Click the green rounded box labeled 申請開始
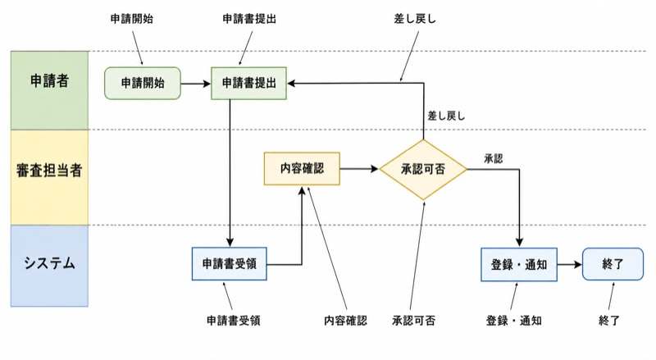coord(143,84)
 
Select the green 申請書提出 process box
coord(249,84)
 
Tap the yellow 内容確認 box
coord(302,169)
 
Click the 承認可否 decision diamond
coord(423,170)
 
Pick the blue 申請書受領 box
coord(230,264)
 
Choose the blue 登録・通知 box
coord(519,265)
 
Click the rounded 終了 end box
coord(613,264)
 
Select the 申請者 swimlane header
coord(49,90)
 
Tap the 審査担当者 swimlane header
coord(49,177)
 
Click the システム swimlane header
coord(49,266)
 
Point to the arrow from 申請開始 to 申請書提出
coord(196,84)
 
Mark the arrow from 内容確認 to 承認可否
coord(359,169)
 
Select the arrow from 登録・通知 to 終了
coord(570,265)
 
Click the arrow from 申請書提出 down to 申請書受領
coord(230,173)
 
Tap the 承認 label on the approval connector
coord(494,158)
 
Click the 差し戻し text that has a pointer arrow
coord(415,19)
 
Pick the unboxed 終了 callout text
coord(609,321)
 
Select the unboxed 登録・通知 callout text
coord(514,321)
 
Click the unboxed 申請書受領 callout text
coord(234,321)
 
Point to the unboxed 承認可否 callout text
coord(414,321)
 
